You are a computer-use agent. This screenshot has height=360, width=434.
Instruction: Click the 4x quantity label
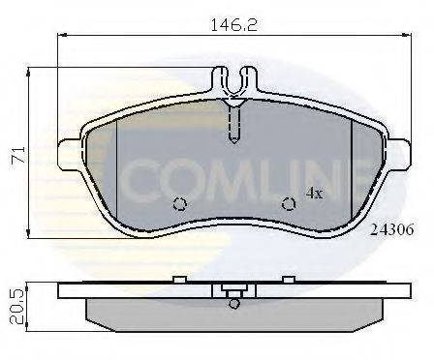[314, 192]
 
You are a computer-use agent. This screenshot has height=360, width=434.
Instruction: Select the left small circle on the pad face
[179, 204]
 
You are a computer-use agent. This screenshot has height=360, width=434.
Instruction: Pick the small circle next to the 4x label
[288, 203]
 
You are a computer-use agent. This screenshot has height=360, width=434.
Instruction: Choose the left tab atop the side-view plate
[179, 279]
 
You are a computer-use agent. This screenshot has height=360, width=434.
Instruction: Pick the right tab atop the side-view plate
[288, 279]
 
